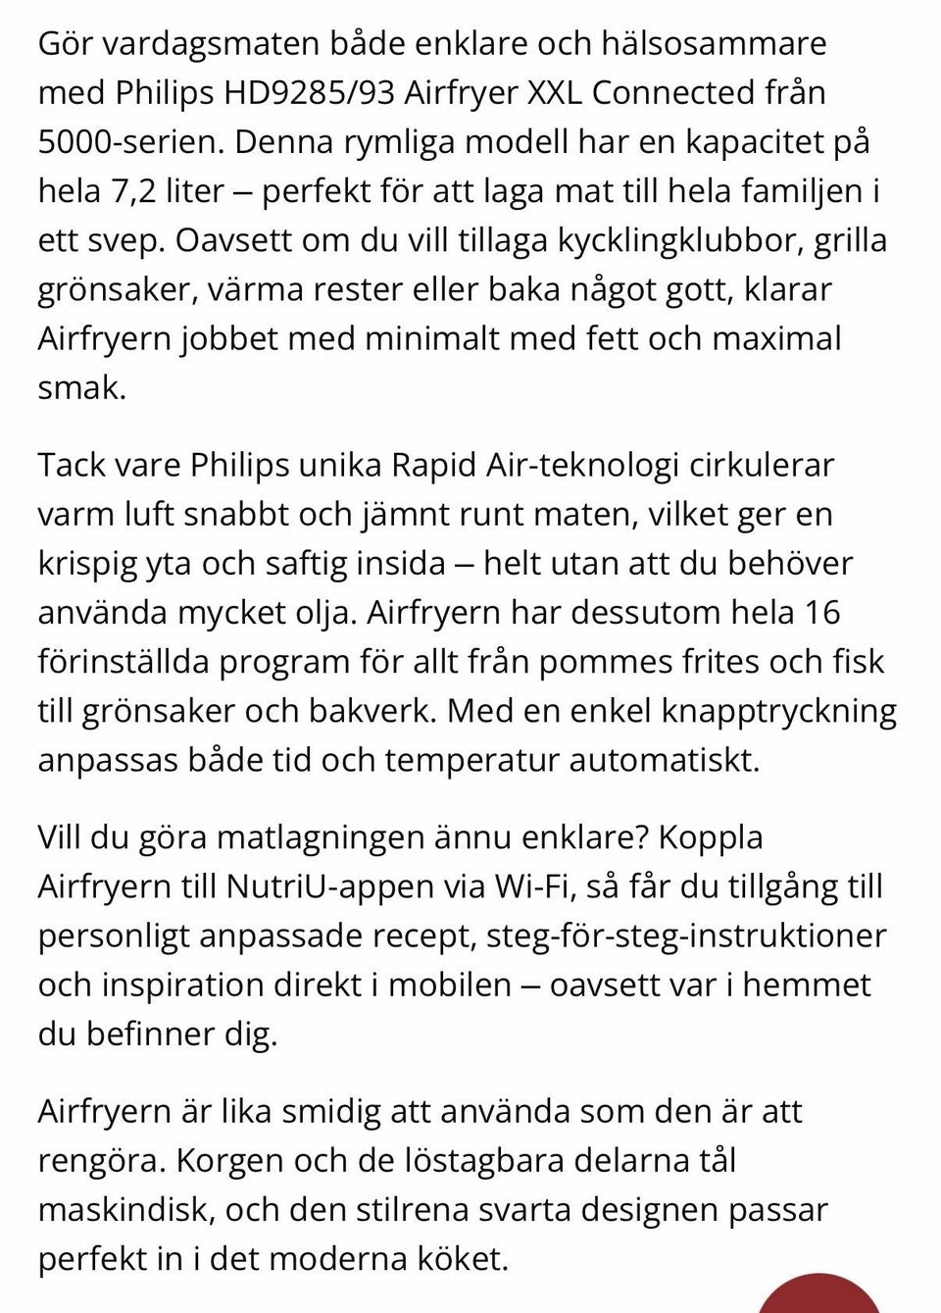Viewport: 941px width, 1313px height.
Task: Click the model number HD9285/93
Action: pos(310,93)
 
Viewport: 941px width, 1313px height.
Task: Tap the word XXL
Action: pos(555,93)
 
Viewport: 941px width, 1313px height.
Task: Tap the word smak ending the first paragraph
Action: pos(80,388)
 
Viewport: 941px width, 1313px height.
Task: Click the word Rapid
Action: pos(434,465)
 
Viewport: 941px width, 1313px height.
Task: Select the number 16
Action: pos(821,613)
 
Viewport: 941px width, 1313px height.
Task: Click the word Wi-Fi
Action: pos(533,886)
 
